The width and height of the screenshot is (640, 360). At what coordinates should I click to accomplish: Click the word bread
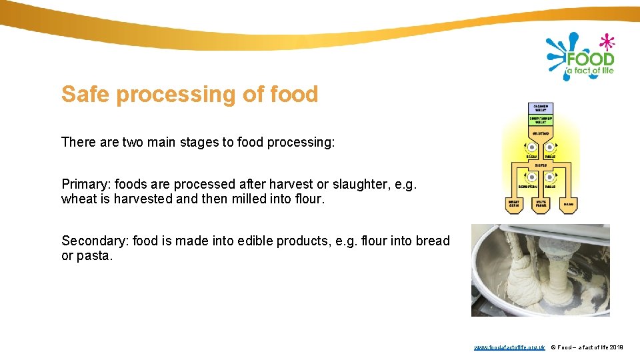[432, 241]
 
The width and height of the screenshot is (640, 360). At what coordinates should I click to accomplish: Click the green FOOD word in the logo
[589, 59]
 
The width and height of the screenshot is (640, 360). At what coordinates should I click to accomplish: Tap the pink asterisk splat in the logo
[607, 42]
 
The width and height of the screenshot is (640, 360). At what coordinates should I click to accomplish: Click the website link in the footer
[510, 347]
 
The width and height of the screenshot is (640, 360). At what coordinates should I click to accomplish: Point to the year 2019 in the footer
[617, 347]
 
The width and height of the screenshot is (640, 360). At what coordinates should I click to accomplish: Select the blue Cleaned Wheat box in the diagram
[540, 107]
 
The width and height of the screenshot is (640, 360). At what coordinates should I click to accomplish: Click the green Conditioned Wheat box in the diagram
[540, 119]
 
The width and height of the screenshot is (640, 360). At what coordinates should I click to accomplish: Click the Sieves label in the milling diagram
[541, 163]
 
